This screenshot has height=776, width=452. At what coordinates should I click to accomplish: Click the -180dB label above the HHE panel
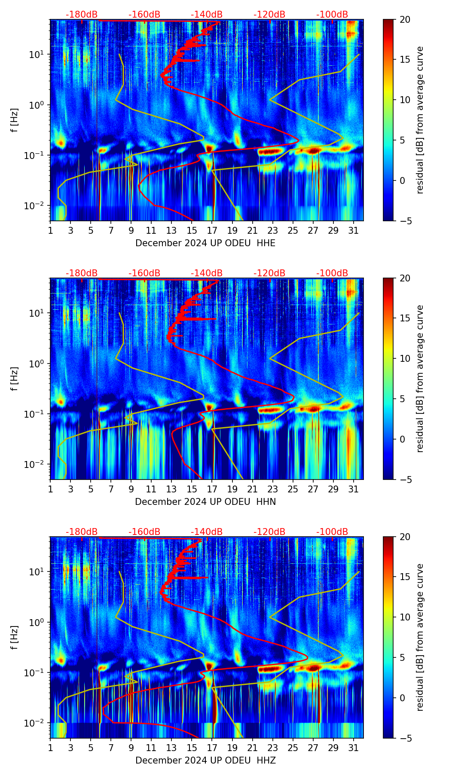tap(82, 15)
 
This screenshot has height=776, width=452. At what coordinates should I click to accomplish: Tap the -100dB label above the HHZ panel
tap(332, 532)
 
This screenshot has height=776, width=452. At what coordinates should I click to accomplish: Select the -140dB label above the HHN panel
tap(207, 273)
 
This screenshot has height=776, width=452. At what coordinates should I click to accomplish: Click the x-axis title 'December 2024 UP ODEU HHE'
tap(205, 243)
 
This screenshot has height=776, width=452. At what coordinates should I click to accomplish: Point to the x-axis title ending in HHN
tap(205, 502)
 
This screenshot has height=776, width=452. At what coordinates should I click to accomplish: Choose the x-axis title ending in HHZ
tap(205, 761)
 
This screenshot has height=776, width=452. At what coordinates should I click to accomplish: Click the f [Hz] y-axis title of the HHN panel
tap(15, 379)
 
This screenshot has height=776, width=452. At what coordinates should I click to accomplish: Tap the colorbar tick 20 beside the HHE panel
tap(405, 20)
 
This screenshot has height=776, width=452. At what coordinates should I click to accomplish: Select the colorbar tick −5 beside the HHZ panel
tap(405, 738)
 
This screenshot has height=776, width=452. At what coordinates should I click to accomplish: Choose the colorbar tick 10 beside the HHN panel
tap(405, 358)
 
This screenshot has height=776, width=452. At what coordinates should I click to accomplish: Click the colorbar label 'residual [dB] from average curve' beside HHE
tap(420, 120)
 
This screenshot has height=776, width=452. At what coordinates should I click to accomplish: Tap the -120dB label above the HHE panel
tap(269, 15)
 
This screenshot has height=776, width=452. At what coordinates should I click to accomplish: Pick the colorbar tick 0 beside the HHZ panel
tap(403, 698)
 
